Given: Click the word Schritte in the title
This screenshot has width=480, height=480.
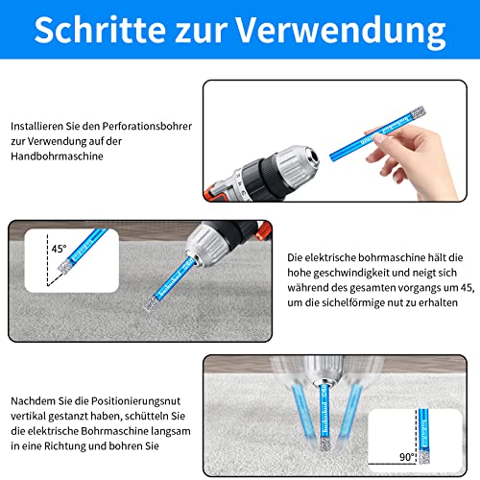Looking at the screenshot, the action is click(x=100, y=29).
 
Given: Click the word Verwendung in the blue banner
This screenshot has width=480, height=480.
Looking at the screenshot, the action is click(x=341, y=32).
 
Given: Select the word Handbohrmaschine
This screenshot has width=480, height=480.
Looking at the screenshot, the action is click(x=57, y=156).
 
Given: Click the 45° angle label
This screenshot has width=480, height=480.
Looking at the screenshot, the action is click(x=59, y=249).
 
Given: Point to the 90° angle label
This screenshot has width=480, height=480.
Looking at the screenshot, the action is click(x=407, y=457).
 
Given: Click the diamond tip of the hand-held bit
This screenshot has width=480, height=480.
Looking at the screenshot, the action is click(x=418, y=112).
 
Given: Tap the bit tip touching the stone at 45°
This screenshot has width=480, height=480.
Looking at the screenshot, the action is click(x=151, y=303).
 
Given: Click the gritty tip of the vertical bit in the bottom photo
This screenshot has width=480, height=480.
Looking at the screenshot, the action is click(x=326, y=444).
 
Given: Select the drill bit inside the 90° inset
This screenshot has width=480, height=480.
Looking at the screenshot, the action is click(x=423, y=436).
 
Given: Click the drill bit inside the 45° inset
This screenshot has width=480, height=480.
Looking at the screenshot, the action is click(x=83, y=250).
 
